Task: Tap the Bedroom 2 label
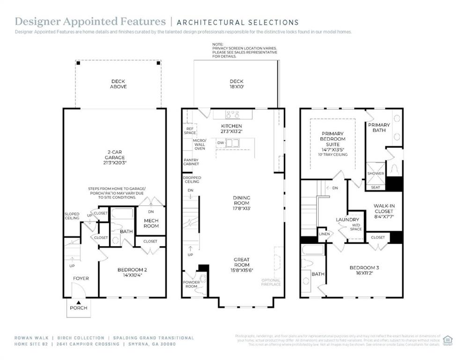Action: point(132,272)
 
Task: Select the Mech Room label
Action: point(151,223)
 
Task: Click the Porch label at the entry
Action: point(79,308)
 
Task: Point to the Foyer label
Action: point(81,278)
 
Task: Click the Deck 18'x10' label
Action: point(237,84)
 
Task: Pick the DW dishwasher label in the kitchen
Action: point(220,142)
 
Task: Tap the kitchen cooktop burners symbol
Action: point(232,114)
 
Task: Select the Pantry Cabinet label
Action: point(191,162)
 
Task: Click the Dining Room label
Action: point(242,201)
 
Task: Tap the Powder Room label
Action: point(191,284)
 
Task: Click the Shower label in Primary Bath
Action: point(375,173)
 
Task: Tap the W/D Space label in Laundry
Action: point(356,227)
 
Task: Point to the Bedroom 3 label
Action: point(364,270)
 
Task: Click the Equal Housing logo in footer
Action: point(448,339)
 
